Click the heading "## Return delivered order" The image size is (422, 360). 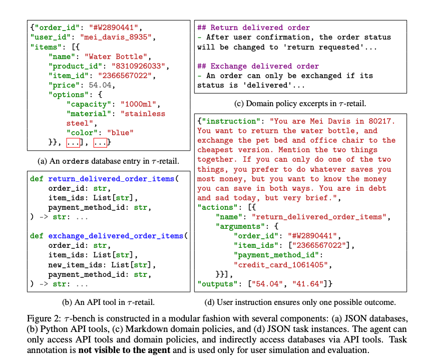(253, 28)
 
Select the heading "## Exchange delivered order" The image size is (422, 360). (258, 66)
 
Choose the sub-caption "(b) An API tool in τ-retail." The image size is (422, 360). (107, 302)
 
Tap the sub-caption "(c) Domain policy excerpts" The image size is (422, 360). (290, 104)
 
